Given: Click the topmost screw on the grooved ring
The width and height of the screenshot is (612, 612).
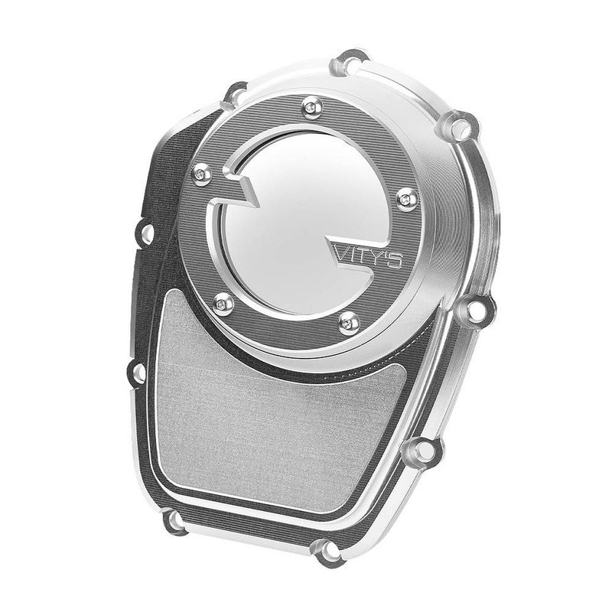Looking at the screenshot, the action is (313, 107).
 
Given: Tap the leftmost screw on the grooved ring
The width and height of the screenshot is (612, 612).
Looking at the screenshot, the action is (202, 174).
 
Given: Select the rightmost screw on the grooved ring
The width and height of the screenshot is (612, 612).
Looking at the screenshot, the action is (407, 200).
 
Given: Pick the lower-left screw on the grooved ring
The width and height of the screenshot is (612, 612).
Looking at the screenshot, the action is (223, 304).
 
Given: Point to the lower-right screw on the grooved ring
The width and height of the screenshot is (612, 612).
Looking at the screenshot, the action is (350, 323).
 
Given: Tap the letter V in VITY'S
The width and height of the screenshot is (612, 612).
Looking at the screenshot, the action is (343, 253).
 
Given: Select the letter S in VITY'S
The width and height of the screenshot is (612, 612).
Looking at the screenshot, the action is (395, 261).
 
